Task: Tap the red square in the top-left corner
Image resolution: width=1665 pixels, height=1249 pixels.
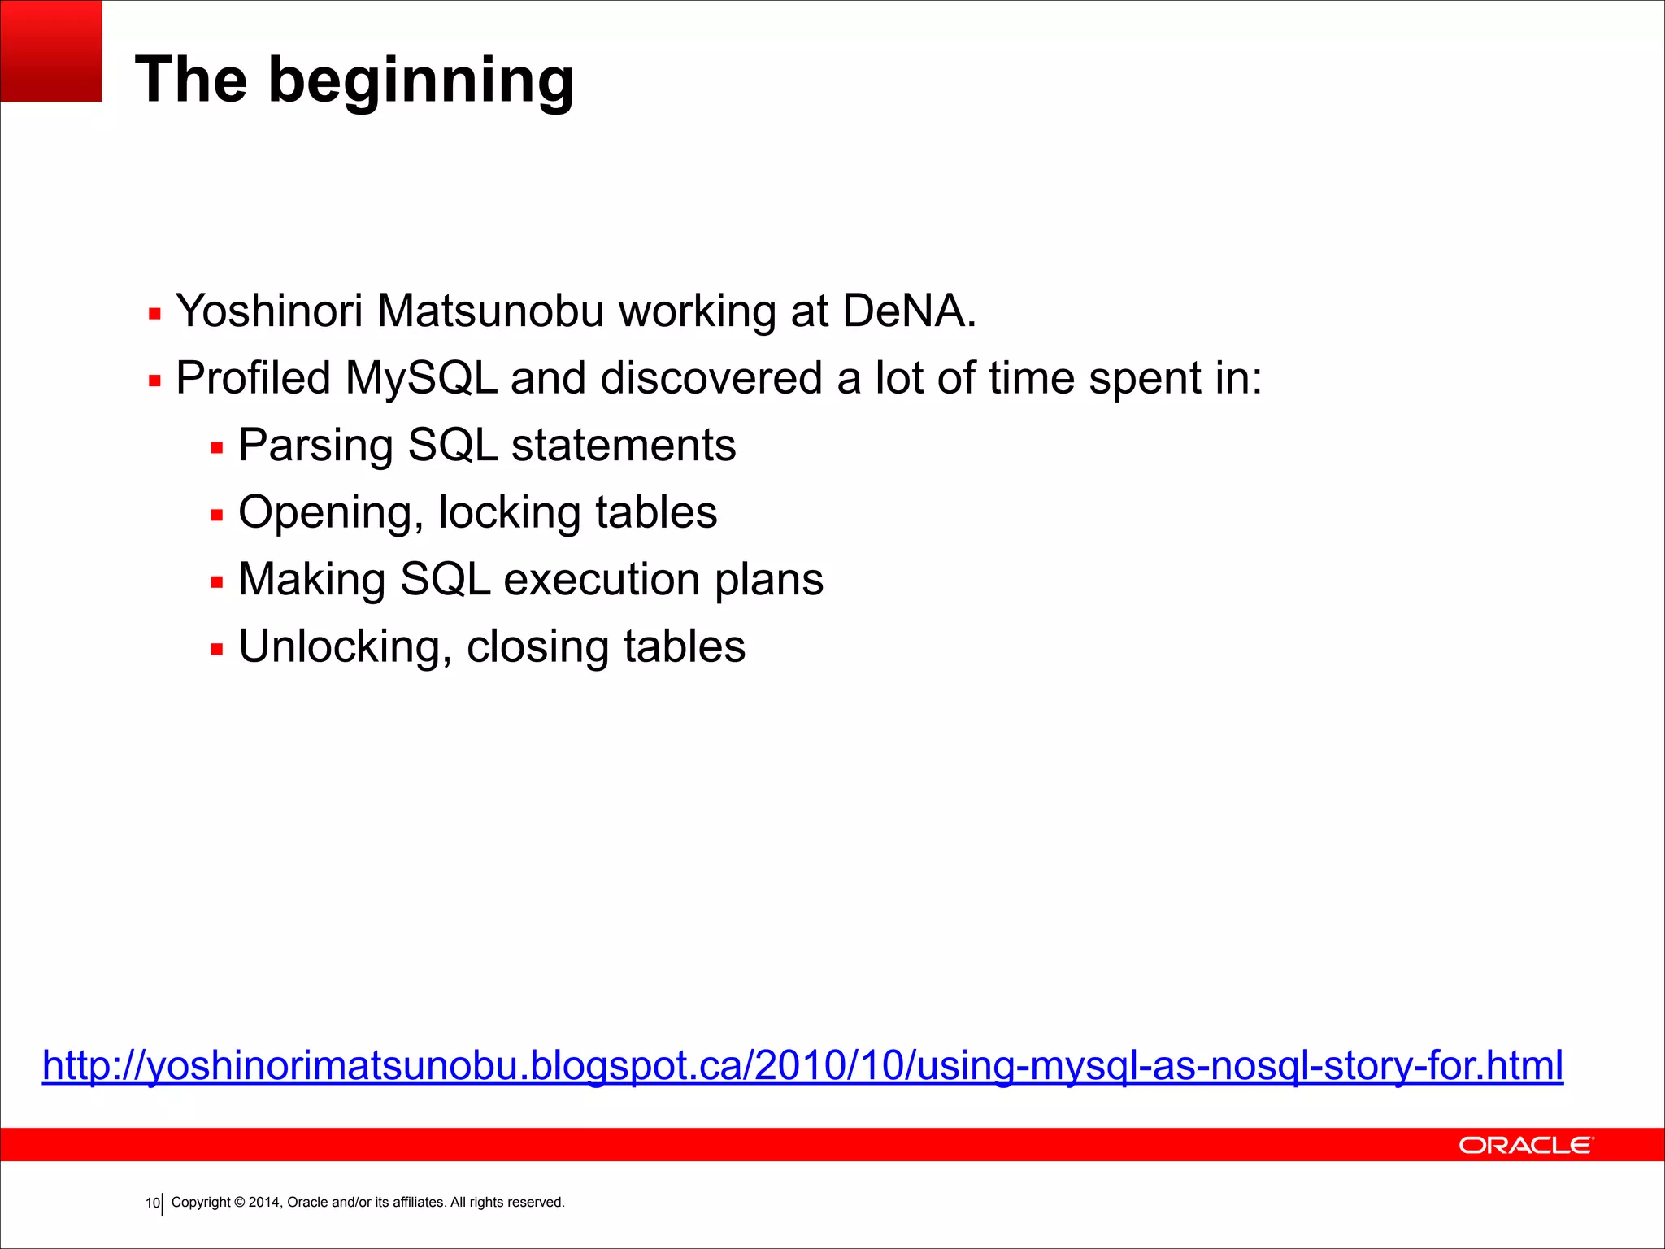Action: (50, 50)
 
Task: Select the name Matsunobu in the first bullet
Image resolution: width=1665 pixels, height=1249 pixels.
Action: (490, 311)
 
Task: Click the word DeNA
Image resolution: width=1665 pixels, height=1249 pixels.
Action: (907, 311)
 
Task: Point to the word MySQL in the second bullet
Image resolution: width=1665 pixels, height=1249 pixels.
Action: (420, 379)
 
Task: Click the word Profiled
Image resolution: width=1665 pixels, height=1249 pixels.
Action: (253, 379)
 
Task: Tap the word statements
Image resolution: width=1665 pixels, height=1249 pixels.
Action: (623, 446)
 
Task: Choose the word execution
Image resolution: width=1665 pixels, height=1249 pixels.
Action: (602, 580)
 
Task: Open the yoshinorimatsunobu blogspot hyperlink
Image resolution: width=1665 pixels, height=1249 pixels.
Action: (802, 1065)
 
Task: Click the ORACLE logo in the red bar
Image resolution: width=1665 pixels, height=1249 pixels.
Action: (1526, 1145)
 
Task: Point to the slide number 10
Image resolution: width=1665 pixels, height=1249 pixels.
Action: (152, 1203)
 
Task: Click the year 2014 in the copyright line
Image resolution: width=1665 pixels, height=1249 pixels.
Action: (263, 1203)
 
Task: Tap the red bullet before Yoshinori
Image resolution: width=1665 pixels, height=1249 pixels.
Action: (154, 314)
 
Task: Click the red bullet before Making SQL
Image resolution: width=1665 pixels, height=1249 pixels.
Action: (216, 582)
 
